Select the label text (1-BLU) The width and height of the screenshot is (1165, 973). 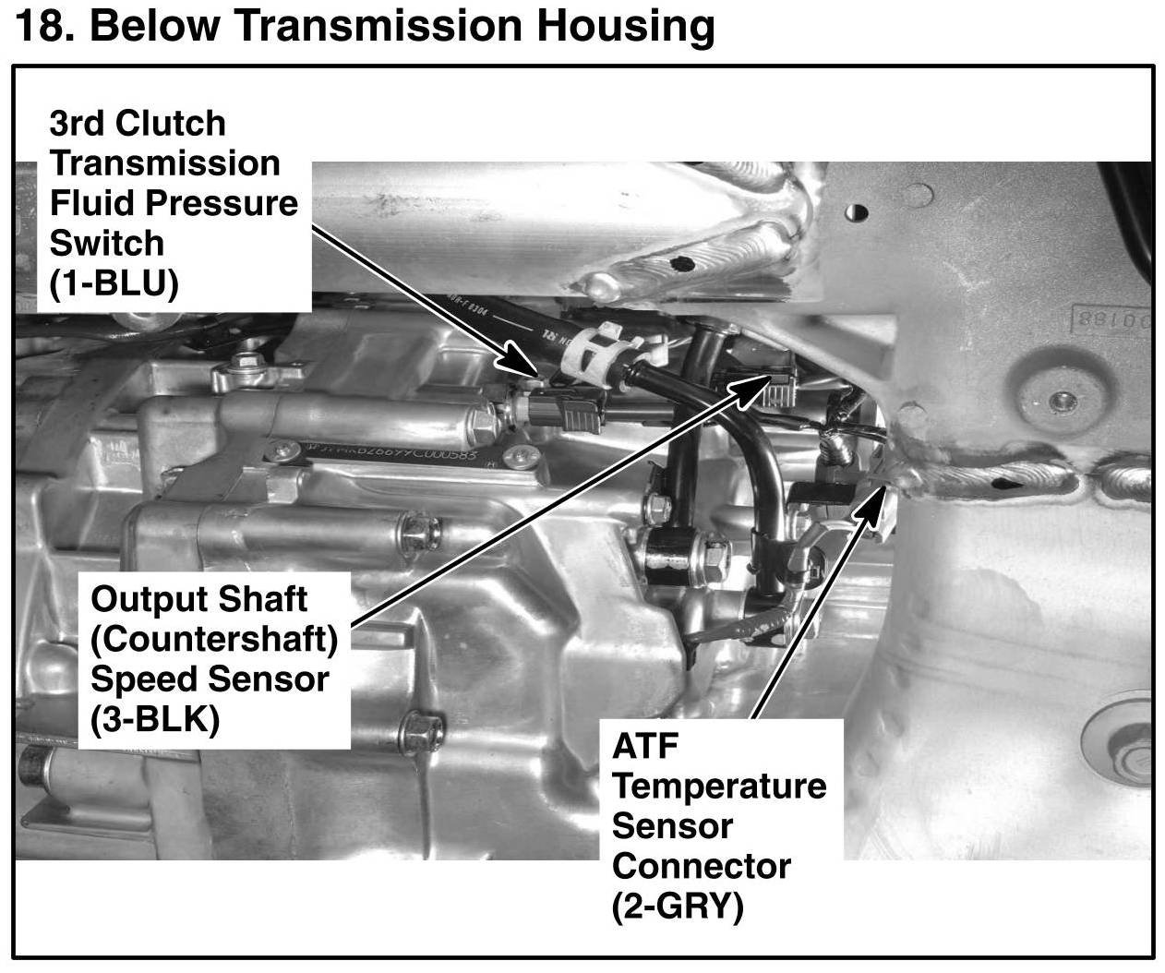click(114, 283)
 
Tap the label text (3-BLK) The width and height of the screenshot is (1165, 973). click(155, 720)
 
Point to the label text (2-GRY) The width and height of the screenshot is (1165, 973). click(678, 907)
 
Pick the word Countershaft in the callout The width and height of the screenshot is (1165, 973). click(214, 639)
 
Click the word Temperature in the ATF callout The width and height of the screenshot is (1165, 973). click(719, 787)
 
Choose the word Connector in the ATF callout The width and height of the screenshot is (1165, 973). click(701, 867)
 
